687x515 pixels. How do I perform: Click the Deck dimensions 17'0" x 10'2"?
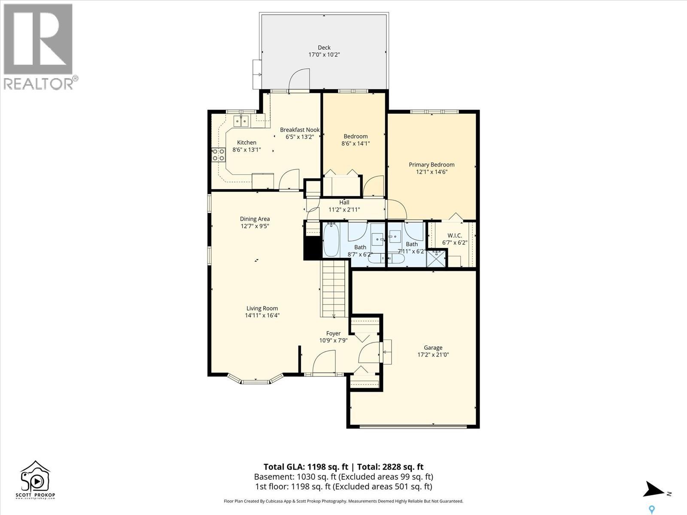[x=324, y=55]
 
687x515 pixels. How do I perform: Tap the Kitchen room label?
[x=246, y=142]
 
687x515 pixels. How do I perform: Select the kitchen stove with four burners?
[x=218, y=155]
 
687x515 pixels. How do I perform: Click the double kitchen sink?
[x=241, y=121]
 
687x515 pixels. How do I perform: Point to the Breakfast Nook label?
[x=300, y=130]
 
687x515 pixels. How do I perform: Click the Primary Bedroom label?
[x=432, y=164]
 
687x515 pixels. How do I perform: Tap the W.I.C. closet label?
[x=454, y=235]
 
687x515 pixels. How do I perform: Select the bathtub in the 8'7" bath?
[x=331, y=240]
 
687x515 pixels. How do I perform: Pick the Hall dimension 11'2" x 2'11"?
[x=344, y=210]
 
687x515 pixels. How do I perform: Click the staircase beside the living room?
[x=334, y=290]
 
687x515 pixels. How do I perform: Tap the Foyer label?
[x=333, y=333]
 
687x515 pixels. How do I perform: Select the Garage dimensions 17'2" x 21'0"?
[x=433, y=355]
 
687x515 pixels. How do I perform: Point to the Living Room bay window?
[x=256, y=380]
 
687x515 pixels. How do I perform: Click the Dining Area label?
[x=255, y=219]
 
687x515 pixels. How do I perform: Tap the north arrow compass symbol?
[x=654, y=489]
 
